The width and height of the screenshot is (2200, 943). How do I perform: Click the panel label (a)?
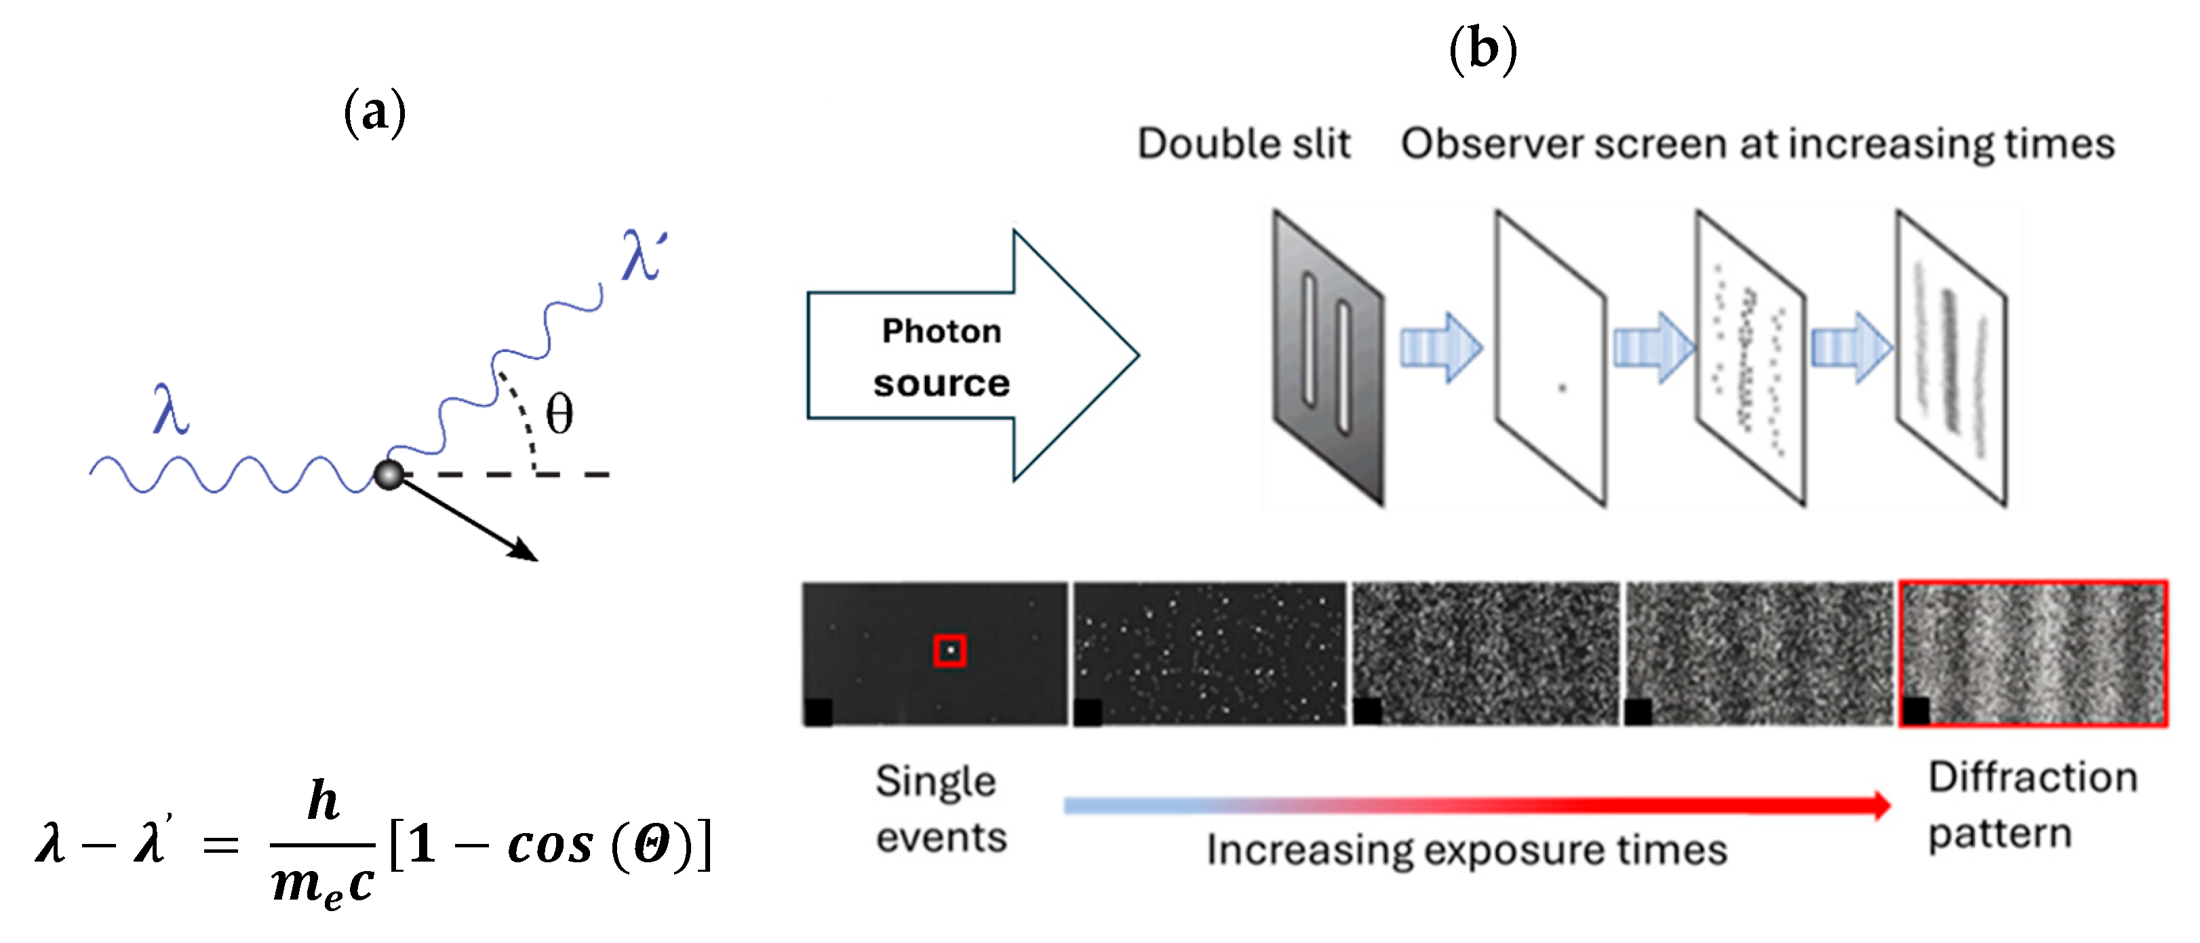point(374,113)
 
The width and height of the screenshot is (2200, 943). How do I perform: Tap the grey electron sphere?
point(389,474)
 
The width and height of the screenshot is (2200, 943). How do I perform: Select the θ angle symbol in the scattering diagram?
point(559,415)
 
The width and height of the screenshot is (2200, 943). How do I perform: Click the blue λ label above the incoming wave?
point(170,410)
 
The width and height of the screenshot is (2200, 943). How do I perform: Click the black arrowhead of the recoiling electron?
point(524,551)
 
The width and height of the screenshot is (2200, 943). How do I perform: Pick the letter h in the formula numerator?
point(323,801)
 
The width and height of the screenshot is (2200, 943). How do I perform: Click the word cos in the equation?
point(550,845)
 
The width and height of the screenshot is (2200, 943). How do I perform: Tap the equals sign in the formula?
point(221,845)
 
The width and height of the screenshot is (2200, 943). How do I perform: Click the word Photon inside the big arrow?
point(941,332)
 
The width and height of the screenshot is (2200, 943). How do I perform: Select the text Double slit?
point(1244,144)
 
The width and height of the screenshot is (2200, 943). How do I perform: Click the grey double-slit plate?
point(1327,359)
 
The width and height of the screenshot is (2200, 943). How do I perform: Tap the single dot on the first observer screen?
point(1562,388)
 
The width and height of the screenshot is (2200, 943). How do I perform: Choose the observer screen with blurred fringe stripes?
point(1950,359)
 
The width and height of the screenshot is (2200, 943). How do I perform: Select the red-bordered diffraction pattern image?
point(2033,654)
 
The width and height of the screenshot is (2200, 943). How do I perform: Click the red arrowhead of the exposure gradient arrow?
point(1881,805)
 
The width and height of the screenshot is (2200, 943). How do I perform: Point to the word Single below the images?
point(935,782)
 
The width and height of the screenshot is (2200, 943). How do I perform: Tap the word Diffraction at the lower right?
point(2032,778)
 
